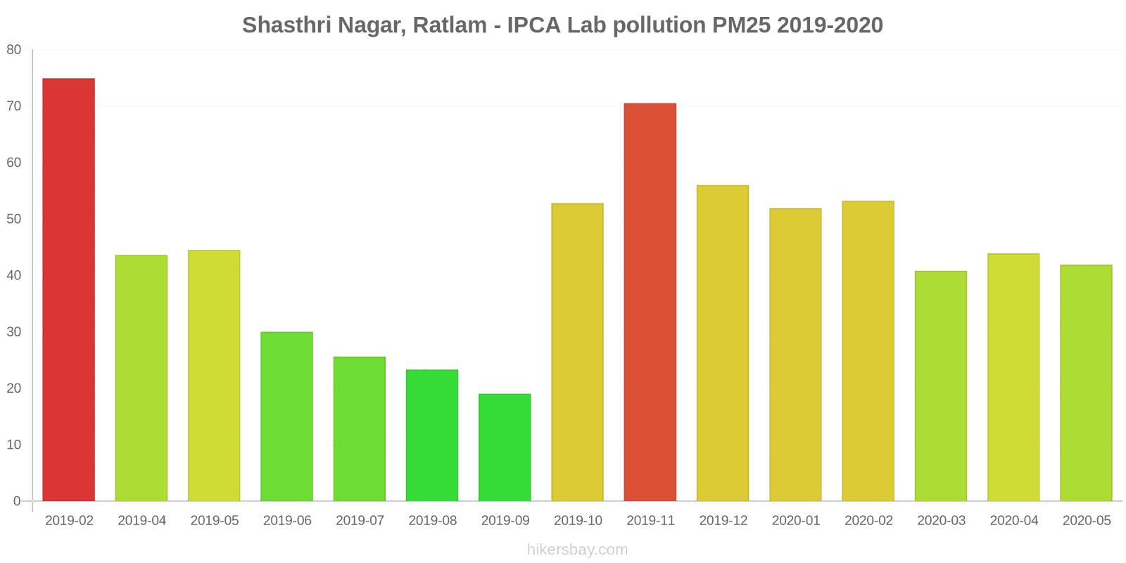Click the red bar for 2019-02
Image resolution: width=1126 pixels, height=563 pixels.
(x=69, y=290)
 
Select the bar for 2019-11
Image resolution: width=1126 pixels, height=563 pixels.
(x=650, y=303)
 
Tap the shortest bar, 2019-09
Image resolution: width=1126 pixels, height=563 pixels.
(x=505, y=448)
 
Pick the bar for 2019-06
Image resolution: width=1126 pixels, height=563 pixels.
(x=286, y=417)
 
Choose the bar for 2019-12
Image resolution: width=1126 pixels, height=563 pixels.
(x=723, y=343)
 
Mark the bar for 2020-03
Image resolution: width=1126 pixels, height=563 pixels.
(x=941, y=386)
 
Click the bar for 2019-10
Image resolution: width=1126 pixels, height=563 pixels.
(x=577, y=353)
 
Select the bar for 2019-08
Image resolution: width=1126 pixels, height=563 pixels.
(x=432, y=436)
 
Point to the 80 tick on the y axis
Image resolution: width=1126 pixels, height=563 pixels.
(x=14, y=50)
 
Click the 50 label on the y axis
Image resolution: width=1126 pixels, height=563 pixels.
(x=14, y=219)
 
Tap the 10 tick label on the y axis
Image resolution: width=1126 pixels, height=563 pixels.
(x=14, y=445)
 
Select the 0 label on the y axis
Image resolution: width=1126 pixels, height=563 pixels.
(x=17, y=501)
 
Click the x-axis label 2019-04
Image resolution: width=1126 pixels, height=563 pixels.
(x=141, y=521)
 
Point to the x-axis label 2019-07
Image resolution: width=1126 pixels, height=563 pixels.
(x=360, y=521)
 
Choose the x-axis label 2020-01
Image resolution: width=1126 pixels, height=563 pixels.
(x=796, y=521)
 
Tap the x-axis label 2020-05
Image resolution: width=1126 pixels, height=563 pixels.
(x=1087, y=521)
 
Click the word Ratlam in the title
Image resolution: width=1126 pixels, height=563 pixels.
(x=450, y=25)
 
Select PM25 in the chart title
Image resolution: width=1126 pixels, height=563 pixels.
(x=742, y=25)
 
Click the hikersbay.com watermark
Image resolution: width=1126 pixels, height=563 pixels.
(x=577, y=550)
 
